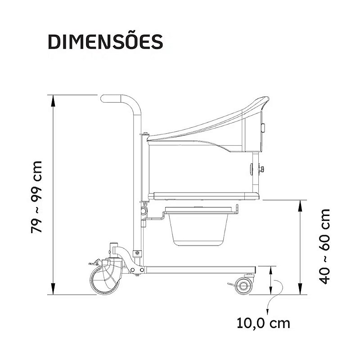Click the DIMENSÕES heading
pyautogui.click(x=105, y=41)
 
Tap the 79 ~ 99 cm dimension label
pyautogui.click(x=36, y=197)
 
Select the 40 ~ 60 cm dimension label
pyautogui.click(x=324, y=246)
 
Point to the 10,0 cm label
pyautogui.click(x=263, y=323)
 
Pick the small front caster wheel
pyautogui.click(x=243, y=286)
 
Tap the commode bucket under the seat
pyautogui.click(x=198, y=229)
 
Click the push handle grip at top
pyautogui.click(x=111, y=99)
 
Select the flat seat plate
pyautogui.click(x=204, y=196)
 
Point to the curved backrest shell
pyautogui.click(x=207, y=129)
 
